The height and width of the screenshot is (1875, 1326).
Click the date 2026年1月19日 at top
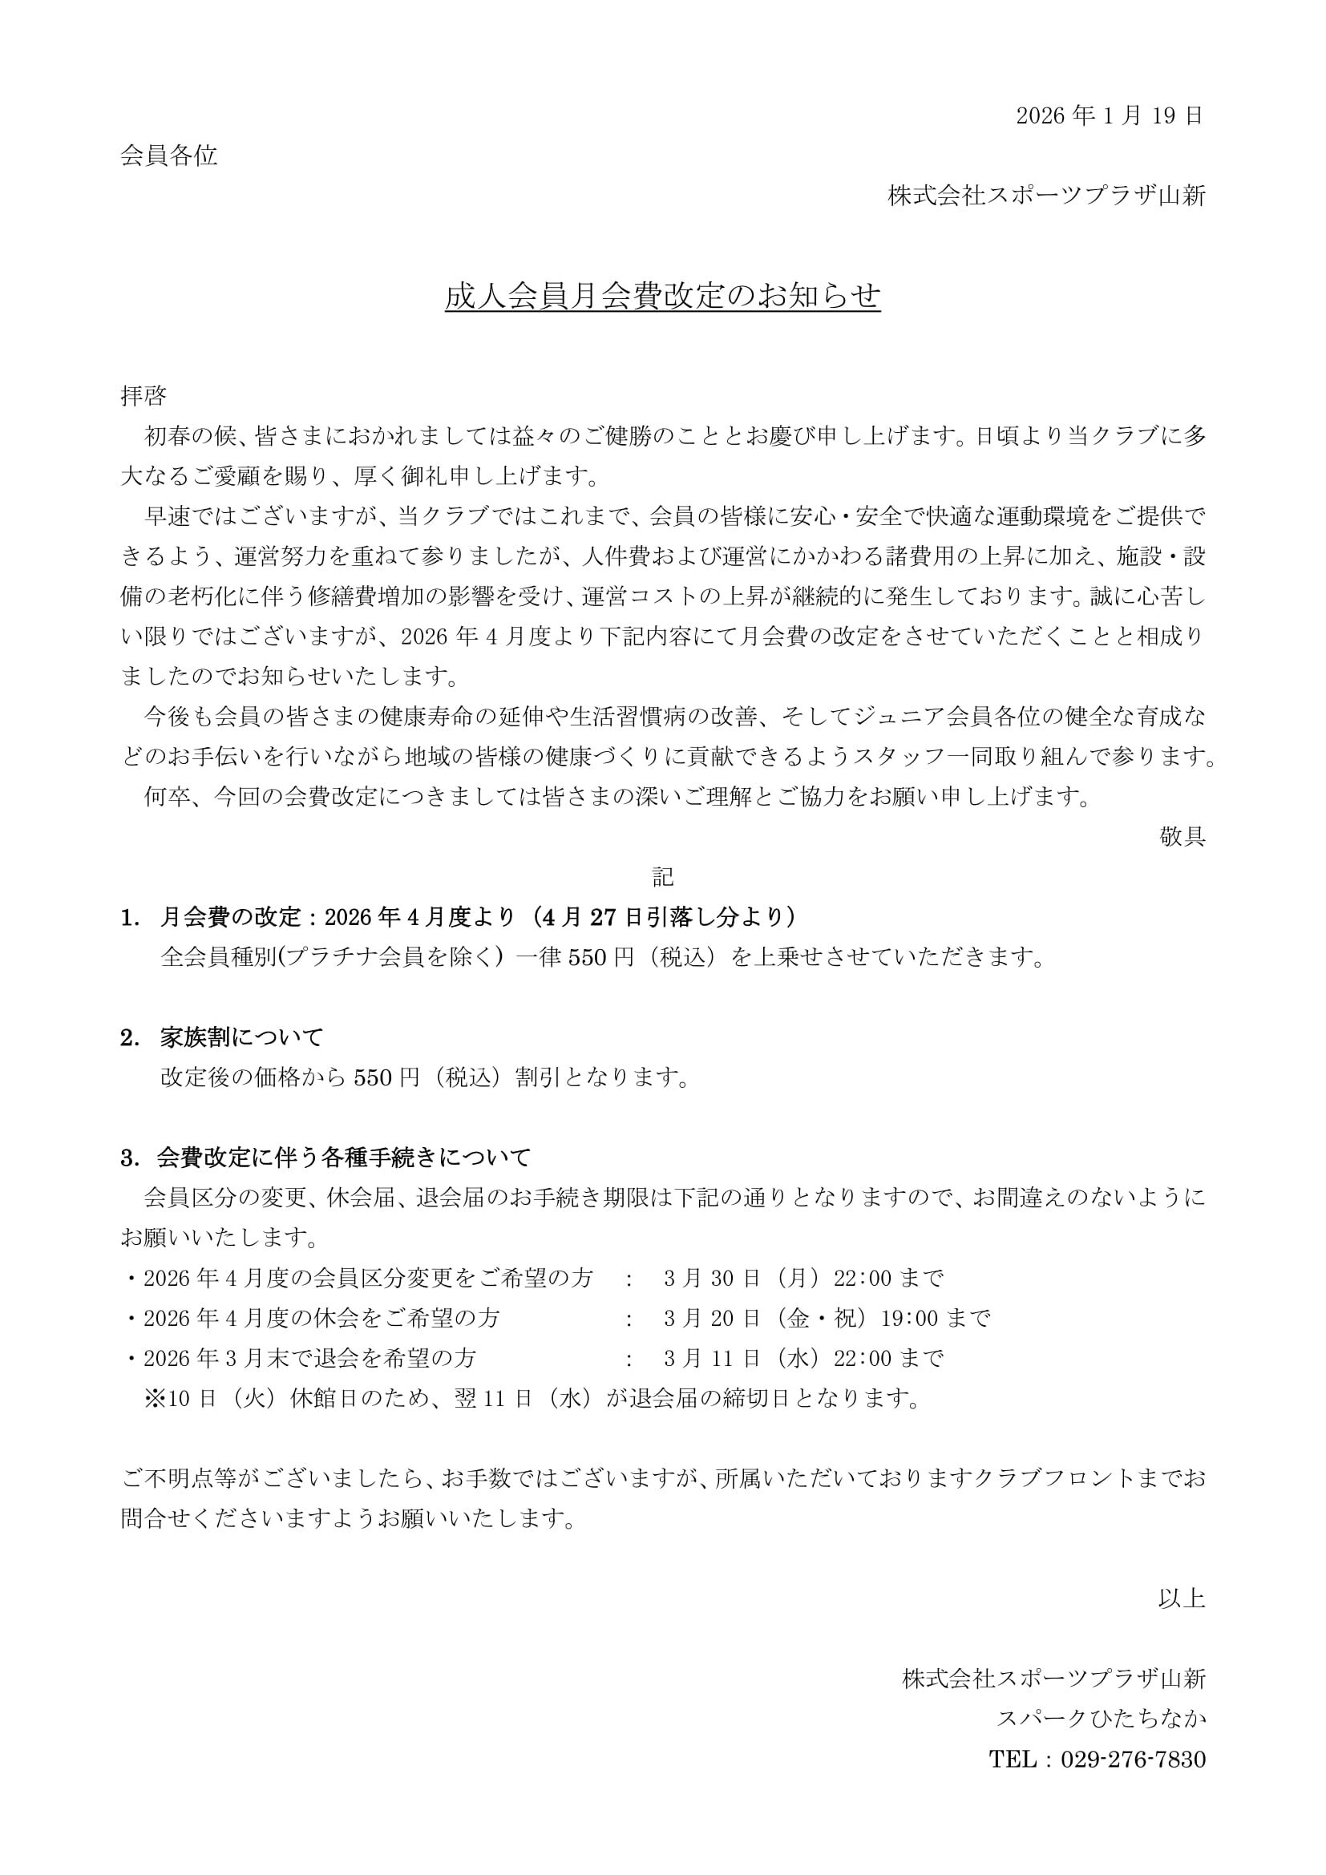[x=1110, y=116]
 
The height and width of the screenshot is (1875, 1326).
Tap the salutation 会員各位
[x=169, y=156]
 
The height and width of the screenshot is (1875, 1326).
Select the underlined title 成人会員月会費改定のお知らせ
[x=662, y=297]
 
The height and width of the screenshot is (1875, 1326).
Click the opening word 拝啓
[x=144, y=397]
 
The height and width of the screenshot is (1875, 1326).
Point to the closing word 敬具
[x=1182, y=836]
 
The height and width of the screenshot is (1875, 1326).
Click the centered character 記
[x=662, y=877]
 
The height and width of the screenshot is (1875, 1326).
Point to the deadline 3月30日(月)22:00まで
[x=803, y=1278]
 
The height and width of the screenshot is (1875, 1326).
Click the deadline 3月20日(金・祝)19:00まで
[x=827, y=1318]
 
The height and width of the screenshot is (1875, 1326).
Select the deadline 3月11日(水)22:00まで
[x=803, y=1358]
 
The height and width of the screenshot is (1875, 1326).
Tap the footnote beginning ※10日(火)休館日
[x=532, y=1398]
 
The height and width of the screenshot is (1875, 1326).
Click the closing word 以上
[x=1182, y=1598]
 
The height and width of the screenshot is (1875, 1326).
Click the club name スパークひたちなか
[x=1101, y=1718]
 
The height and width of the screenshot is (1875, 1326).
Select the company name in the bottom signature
[x=1053, y=1678]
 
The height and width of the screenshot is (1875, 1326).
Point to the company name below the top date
[x=1047, y=196]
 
